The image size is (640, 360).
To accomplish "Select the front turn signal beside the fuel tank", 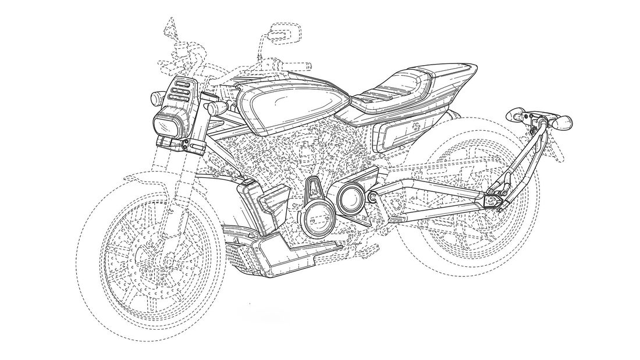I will pos(221,108).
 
